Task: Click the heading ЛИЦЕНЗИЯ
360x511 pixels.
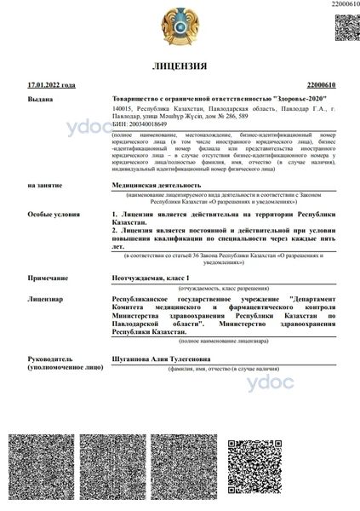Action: [180, 66]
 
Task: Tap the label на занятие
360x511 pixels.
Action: [44, 184]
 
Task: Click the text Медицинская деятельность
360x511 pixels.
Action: [157, 184]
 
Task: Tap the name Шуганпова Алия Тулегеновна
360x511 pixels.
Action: [164, 360]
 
